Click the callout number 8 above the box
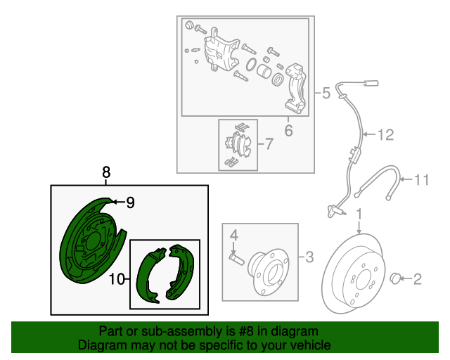[x=106, y=172]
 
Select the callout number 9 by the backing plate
[x=129, y=202]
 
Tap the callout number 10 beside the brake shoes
[x=117, y=280]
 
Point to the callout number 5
[x=326, y=93]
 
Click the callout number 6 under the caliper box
[x=288, y=131]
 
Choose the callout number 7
[x=268, y=145]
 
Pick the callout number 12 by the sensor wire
[x=387, y=135]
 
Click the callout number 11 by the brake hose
[x=420, y=180]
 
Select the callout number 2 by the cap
[x=417, y=280]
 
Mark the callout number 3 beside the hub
[x=309, y=258]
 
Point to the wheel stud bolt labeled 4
[x=236, y=258]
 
